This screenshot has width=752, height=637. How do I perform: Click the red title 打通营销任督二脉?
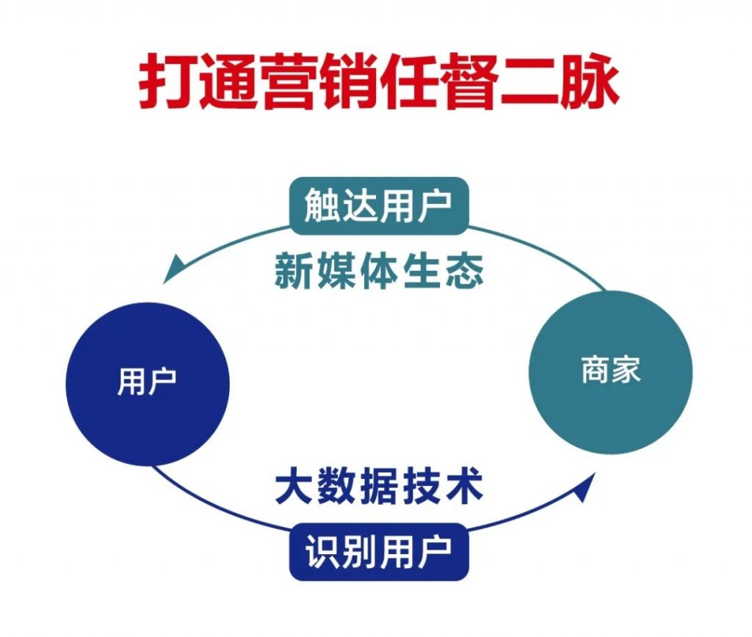[379, 82]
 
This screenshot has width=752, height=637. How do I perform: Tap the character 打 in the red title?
[168, 82]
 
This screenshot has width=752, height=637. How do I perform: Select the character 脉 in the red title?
[590, 82]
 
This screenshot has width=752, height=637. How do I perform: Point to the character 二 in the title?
[530, 82]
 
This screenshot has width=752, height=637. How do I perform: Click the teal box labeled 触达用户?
[379, 206]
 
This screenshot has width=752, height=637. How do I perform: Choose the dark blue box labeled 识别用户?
[379, 552]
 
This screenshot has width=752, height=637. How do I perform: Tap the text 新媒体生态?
[379, 272]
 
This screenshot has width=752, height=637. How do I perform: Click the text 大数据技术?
[379, 487]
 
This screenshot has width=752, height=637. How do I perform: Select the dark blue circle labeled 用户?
[148, 384]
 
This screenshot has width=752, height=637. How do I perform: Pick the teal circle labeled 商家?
[610, 372]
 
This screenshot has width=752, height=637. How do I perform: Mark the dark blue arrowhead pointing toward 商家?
[585, 487]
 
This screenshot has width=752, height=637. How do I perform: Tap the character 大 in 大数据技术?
[294, 487]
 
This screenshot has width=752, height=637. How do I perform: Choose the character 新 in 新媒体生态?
[294, 272]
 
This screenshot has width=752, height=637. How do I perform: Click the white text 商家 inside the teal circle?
[610, 370]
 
